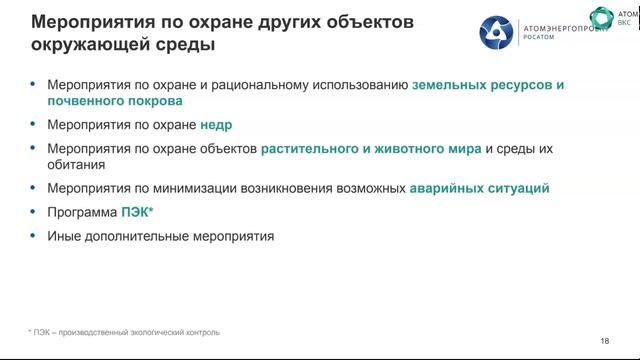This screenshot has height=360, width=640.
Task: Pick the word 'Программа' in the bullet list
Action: [80, 212]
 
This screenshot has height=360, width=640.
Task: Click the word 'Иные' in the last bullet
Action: [62, 236]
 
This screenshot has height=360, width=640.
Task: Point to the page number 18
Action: [604, 341]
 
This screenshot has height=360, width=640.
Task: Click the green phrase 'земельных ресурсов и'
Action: [488, 86]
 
